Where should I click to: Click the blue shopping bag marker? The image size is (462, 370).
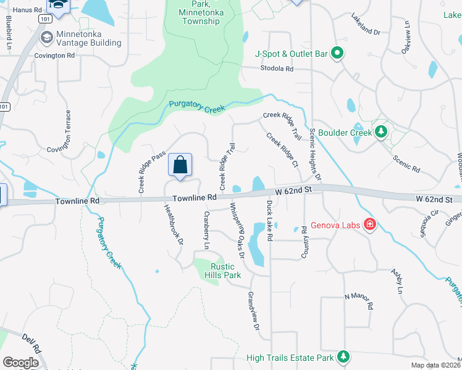tap(180, 165)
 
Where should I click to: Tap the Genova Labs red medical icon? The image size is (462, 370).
tap(370, 224)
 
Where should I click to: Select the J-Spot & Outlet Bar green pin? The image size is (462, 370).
tap(337, 54)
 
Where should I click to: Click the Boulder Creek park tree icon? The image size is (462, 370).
tap(381, 132)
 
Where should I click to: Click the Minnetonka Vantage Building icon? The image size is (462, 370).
tap(46, 38)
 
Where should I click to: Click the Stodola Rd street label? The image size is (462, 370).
tap(276, 68)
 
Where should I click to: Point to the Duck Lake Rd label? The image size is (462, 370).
tap(270, 220)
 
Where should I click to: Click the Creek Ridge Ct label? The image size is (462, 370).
tap(282, 150)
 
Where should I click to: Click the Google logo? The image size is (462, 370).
tap(20, 363)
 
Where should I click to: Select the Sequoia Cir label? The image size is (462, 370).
tap(429, 218)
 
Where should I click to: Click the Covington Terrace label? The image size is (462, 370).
tap(69, 131)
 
